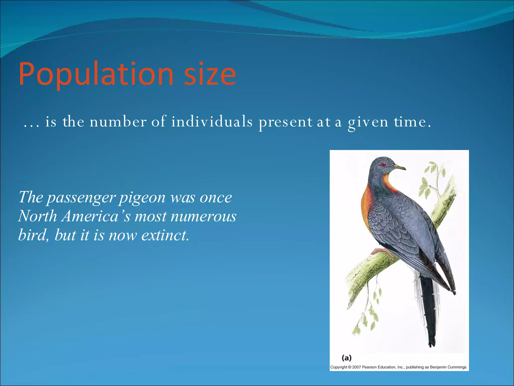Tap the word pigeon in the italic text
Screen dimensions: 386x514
142,198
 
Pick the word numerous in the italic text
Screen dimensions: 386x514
203,216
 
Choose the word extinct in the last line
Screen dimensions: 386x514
165,235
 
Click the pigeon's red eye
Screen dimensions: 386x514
383,165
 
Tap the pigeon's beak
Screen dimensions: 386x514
399,167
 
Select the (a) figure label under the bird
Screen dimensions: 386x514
347,358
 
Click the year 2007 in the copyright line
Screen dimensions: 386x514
356,367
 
